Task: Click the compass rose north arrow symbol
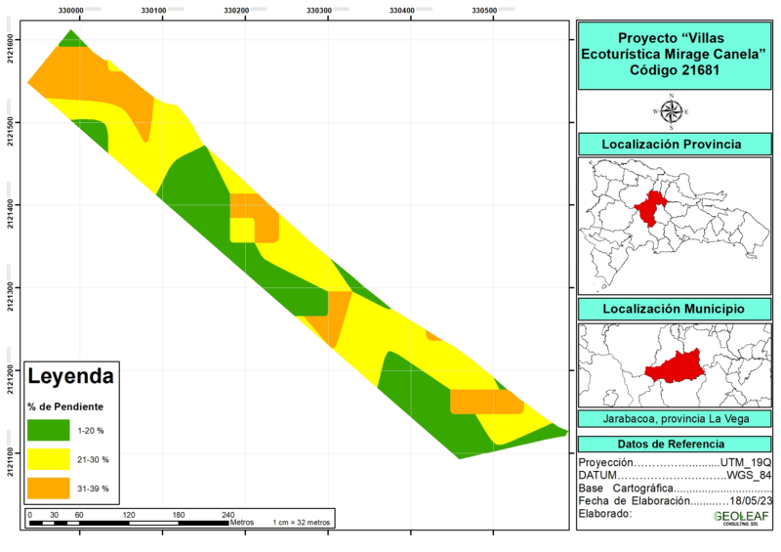click(x=671, y=110)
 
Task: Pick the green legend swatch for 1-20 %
click(x=48, y=431)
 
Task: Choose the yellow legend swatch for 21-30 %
click(x=48, y=459)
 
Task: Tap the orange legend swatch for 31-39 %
click(x=48, y=488)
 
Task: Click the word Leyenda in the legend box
click(x=71, y=375)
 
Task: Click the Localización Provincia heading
click(x=671, y=145)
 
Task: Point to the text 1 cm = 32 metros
click(x=302, y=522)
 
